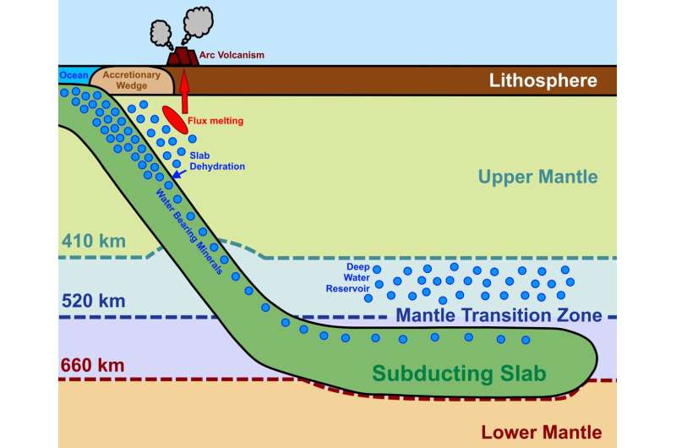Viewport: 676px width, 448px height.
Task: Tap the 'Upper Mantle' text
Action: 537,178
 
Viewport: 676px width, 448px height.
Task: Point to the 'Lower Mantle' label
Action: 540,431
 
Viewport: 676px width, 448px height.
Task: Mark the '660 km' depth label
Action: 92,365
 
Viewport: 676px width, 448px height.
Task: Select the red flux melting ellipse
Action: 176,119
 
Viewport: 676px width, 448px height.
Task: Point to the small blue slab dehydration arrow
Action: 177,173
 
